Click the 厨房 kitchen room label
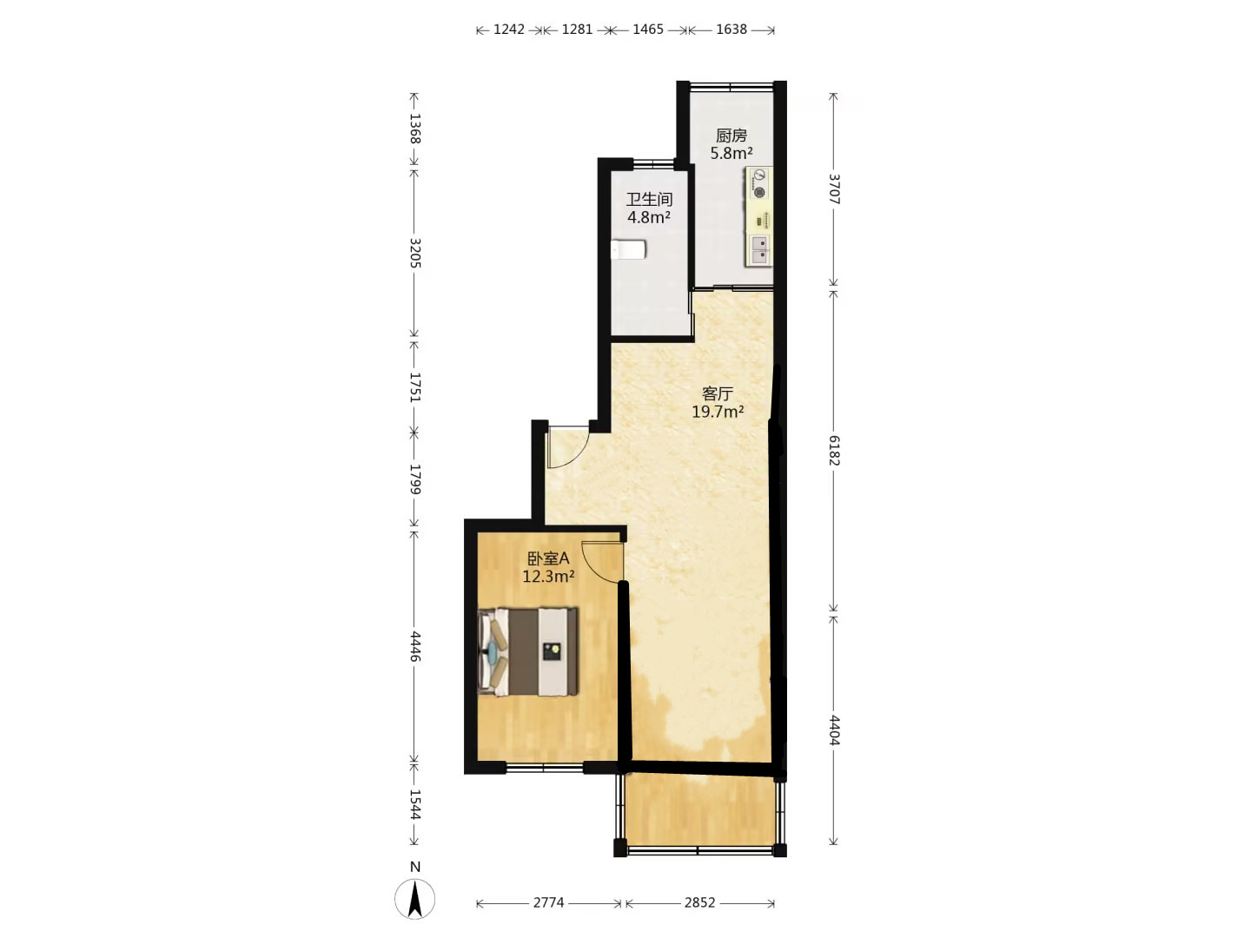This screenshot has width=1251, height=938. [x=731, y=135]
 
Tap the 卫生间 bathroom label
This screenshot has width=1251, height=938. [x=649, y=200]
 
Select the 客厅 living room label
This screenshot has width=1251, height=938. [x=717, y=393]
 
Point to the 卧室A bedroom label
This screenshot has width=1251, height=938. [x=547, y=558]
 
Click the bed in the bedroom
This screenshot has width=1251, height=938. [x=527, y=652]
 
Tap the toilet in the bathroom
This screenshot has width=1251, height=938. [x=628, y=249]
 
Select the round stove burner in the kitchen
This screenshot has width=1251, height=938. [x=758, y=193]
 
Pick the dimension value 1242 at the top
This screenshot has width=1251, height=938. [x=508, y=29]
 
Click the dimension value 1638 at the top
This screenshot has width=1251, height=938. [x=731, y=29]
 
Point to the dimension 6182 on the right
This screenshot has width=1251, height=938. [x=834, y=450]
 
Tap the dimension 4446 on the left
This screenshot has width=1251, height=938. [x=415, y=646]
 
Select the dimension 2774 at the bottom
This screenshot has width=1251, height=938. [x=548, y=902]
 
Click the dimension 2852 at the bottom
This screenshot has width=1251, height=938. [x=700, y=902]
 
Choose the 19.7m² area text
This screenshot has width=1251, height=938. [x=718, y=411]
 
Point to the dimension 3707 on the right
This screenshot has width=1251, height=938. [x=834, y=189]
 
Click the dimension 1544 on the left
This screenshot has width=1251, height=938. [x=415, y=804]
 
